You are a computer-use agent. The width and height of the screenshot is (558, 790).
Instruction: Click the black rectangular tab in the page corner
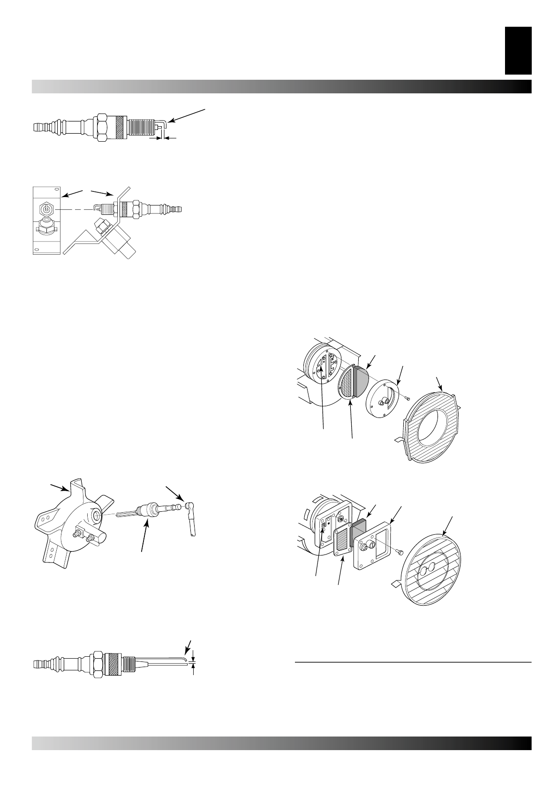tap(518, 50)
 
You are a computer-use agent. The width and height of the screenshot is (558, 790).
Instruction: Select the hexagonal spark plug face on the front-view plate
tap(46, 209)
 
